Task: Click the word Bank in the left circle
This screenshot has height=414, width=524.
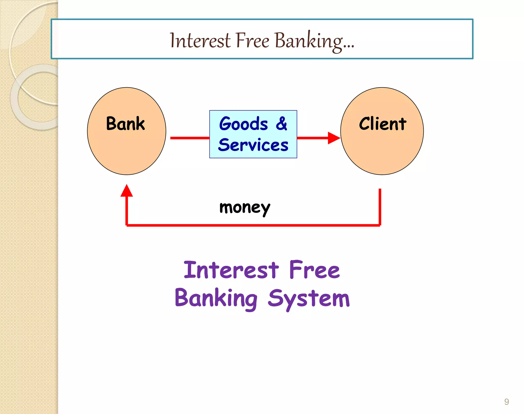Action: point(125,124)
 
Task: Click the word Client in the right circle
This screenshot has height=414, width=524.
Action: point(383,124)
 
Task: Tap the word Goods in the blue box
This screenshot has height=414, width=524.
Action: point(244,124)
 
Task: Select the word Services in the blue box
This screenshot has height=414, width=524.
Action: point(253,145)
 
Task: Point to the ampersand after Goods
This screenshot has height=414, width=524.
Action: point(281,124)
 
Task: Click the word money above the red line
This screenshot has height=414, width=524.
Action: point(245,208)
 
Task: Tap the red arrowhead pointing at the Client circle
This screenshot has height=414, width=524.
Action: point(333,138)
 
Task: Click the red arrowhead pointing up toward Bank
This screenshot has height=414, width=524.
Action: point(127,191)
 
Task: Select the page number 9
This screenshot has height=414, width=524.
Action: point(506,402)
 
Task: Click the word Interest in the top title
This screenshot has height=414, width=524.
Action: point(200,41)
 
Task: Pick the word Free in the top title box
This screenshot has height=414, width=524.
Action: point(253,41)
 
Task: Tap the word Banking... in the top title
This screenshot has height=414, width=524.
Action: point(314,41)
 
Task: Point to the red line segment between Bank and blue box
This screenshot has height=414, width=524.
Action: point(190,138)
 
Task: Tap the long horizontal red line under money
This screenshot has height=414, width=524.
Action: point(253,225)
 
